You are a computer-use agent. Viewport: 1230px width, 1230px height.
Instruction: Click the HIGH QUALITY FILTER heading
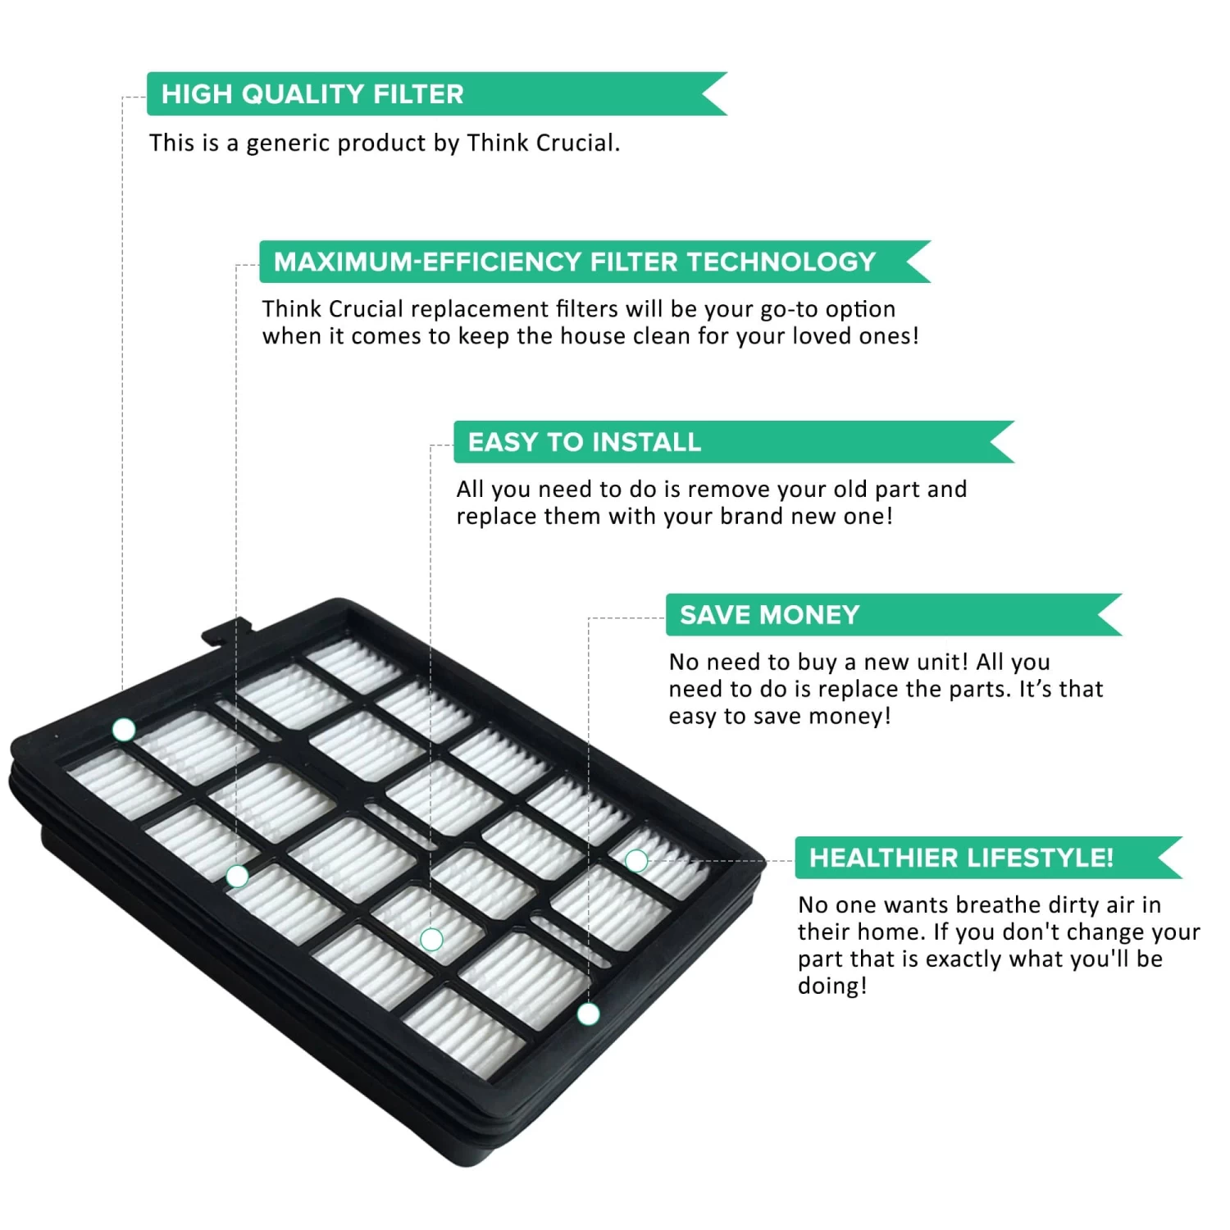[x=312, y=94]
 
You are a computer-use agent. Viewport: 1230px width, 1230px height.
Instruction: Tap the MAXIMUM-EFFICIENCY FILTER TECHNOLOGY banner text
[x=575, y=262]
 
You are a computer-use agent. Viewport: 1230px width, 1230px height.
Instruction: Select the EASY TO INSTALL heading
[x=584, y=443]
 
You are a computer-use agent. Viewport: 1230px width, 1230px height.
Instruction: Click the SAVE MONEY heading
[x=769, y=615]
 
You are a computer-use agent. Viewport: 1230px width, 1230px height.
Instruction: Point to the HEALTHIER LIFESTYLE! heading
[x=961, y=858]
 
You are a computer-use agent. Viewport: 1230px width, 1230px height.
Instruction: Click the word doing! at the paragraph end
[x=832, y=986]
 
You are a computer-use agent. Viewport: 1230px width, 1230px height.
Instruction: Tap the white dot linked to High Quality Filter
[x=124, y=730]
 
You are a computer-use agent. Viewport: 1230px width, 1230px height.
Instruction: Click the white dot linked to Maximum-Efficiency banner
[x=237, y=877]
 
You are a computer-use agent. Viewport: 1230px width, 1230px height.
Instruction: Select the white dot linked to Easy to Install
[x=431, y=939]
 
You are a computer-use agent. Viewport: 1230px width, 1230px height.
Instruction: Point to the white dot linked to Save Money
[x=588, y=1014]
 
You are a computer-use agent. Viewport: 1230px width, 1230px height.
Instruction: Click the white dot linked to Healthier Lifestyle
[x=636, y=860]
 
